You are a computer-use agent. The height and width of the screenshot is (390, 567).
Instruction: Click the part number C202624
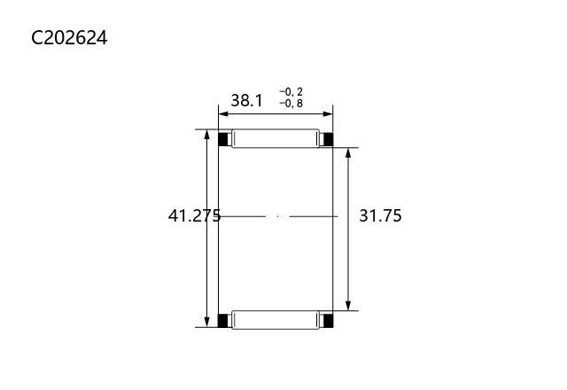click(x=69, y=37)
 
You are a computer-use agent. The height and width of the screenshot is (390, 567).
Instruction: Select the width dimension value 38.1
click(x=247, y=100)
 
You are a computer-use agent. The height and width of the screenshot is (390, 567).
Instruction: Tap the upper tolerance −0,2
click(x=291, y=92)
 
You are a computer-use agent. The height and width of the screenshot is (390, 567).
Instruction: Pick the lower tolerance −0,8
click(x=291, y=104)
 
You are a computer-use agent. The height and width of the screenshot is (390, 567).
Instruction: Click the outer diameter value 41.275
click(x=194, y=215)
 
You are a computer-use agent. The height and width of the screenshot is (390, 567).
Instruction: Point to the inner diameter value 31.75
click(x=380, y=215)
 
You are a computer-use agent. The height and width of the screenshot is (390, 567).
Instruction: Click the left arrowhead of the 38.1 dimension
click(x=223, y=114)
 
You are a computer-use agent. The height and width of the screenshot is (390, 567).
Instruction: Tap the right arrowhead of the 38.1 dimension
click(x=328, y=114)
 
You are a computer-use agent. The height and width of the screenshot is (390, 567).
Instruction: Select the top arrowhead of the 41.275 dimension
click(x=206, y=135)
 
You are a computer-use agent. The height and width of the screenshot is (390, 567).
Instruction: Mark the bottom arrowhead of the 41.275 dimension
click(x=206, y=322)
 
